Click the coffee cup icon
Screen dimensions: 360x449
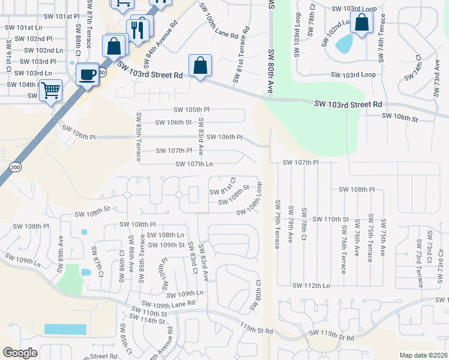[88, 74]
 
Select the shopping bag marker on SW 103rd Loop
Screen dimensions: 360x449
[362, 23]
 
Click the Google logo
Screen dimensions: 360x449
[20, 353]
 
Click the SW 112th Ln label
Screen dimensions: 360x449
[310, 286]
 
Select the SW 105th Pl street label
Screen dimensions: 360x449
[191, 110]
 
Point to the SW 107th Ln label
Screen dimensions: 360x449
[194, 164]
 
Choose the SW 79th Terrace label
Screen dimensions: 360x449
[277, 224]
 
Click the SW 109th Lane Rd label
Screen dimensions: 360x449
[169, 304]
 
